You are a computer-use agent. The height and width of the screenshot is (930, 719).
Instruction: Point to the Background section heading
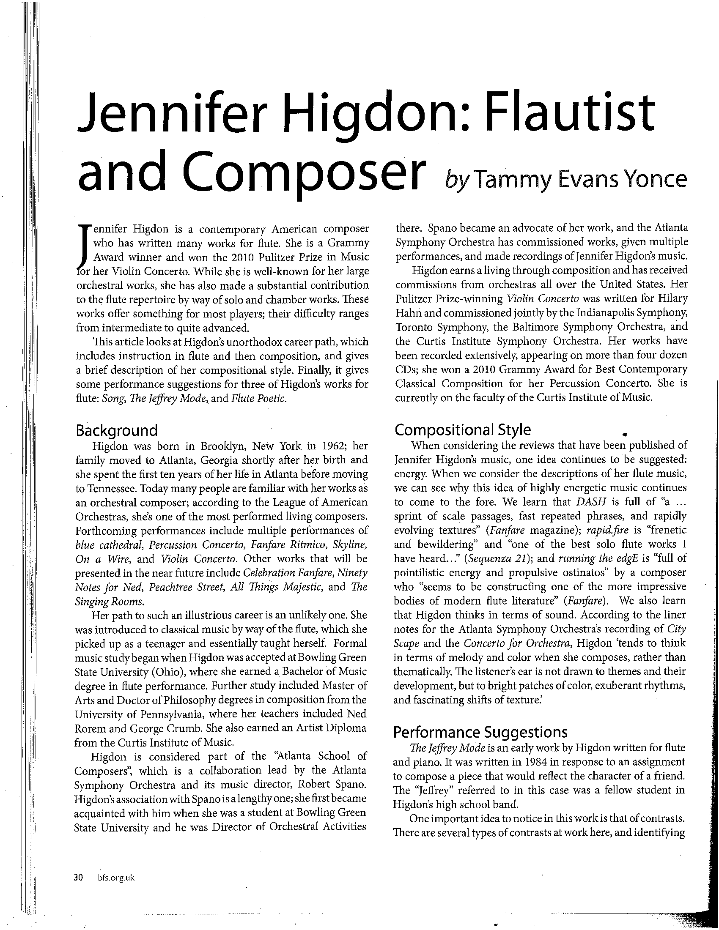click(x=116, y=430)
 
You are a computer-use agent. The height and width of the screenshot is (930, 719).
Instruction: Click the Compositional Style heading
click(x=463, y=430)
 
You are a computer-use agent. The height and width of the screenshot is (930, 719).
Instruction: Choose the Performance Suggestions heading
click(x=480, y=732)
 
